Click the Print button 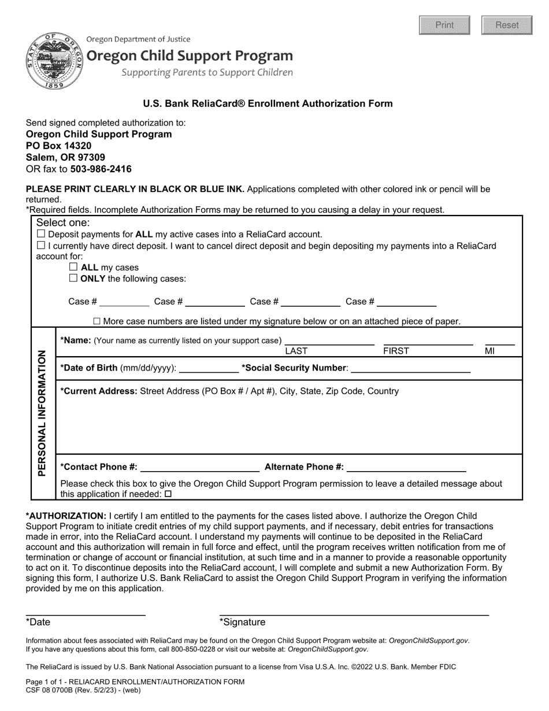point(444,25)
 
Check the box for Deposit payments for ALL point(41,234)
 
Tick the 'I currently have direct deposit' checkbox point(41,246)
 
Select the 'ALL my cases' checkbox point(73,267)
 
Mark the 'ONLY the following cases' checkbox point(73,278)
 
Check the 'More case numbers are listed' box point(97,321)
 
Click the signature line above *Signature point(354,613)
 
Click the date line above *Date point(85,613)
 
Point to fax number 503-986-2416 point(101,169)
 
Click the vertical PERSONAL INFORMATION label point(43,413)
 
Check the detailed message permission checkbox point(168,494)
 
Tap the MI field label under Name point(489,351)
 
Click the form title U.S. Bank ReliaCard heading point(268,103)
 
